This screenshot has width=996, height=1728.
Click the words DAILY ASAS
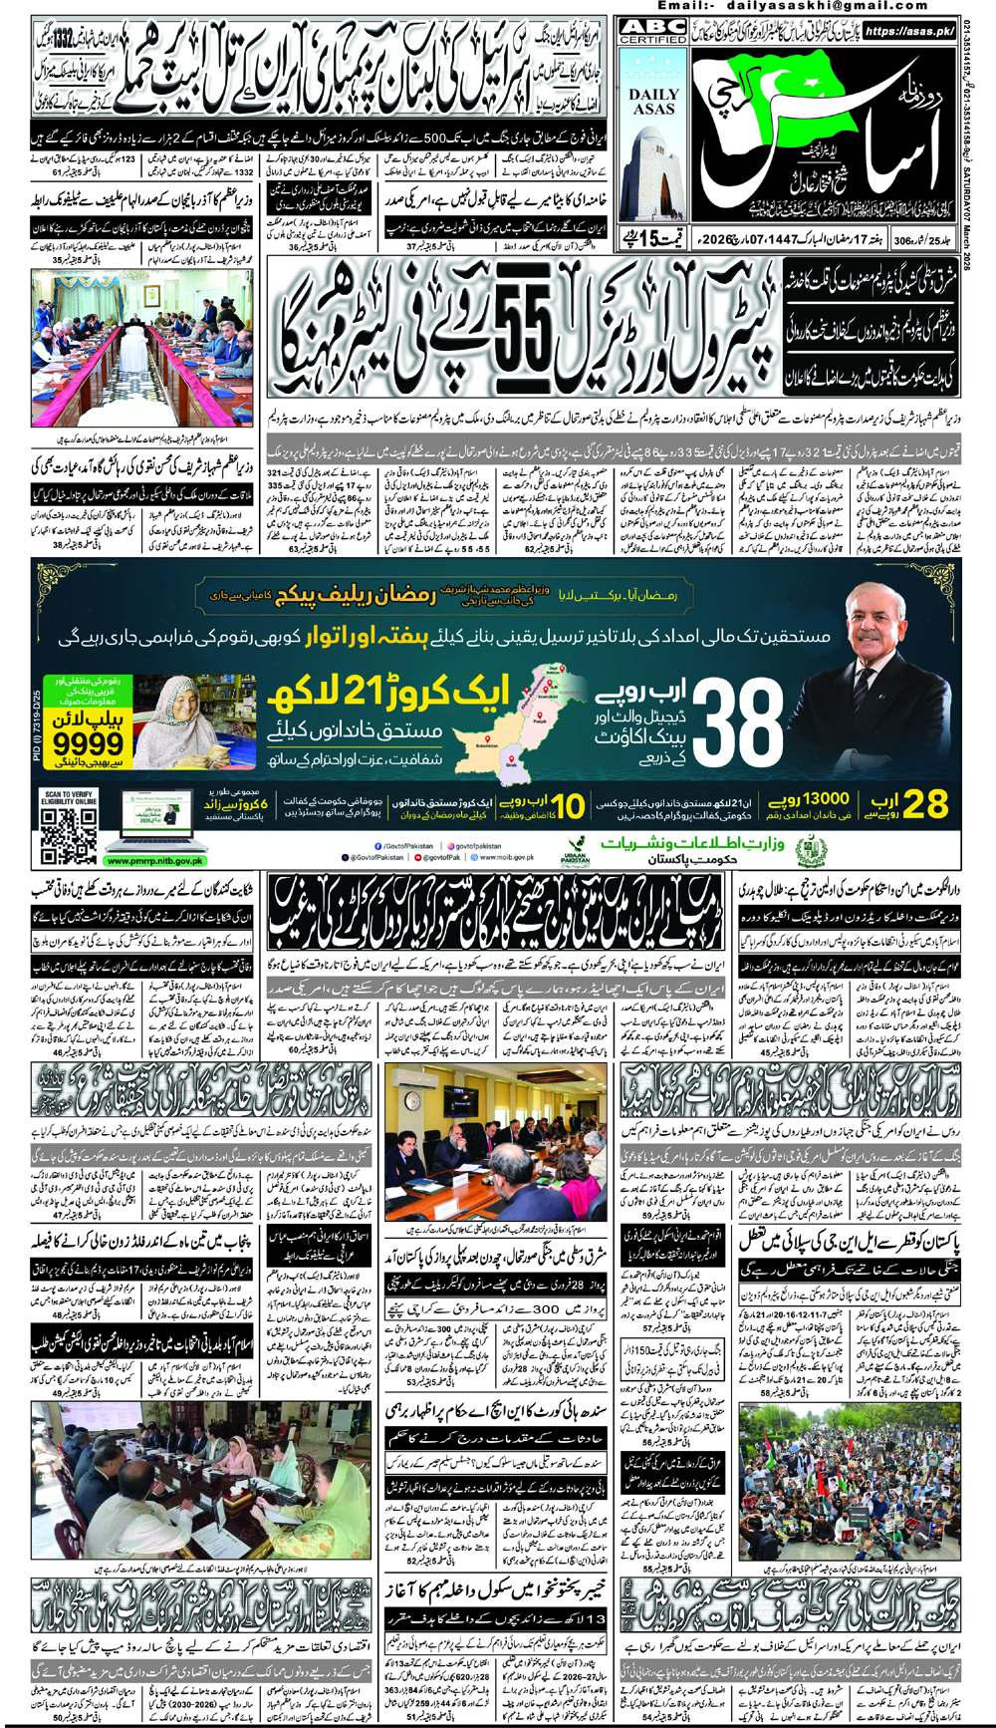653,102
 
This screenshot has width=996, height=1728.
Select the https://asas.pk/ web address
909,31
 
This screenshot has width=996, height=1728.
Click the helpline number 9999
88,742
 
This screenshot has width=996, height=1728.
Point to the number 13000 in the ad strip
826,798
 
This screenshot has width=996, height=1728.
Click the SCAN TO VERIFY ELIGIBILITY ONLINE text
69,797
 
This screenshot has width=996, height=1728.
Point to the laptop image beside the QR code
159,819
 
